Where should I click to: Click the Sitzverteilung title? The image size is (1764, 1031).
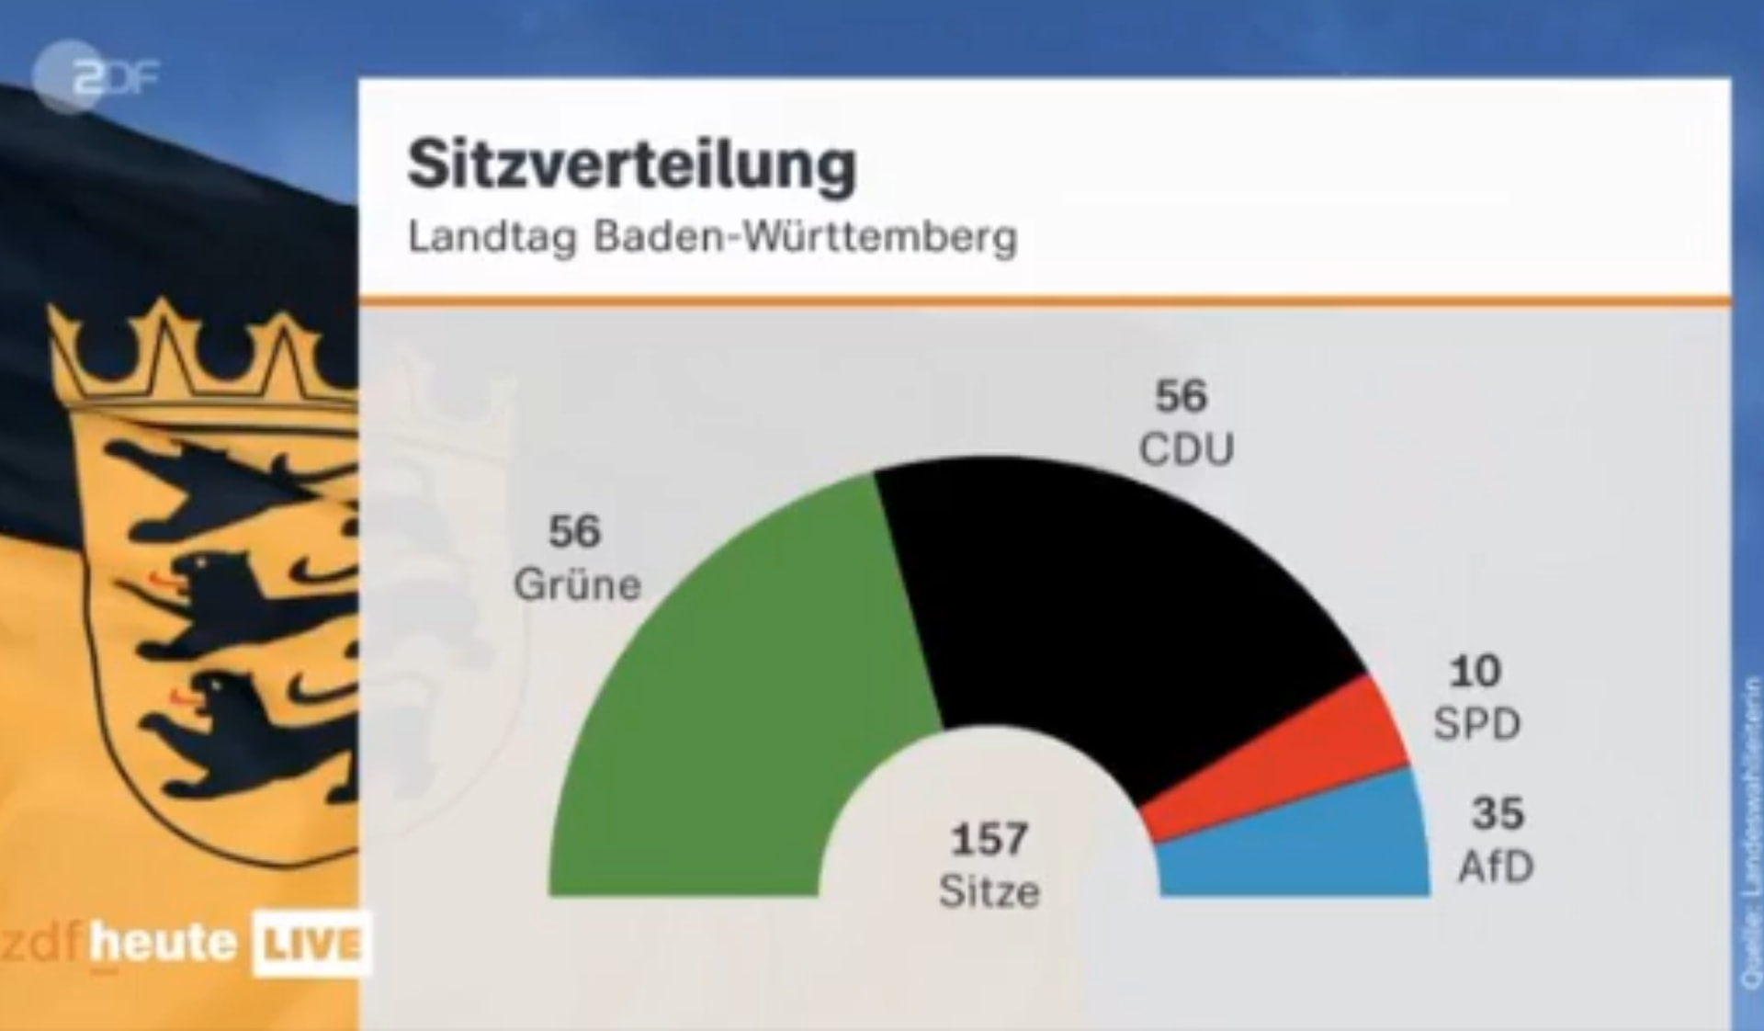pyautogui.click(x=632, y=166)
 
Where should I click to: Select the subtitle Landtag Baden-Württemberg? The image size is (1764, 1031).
pyautogui.click(x=712, y=238)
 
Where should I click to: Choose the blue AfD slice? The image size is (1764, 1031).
pyautogui.click(x=1305, y=850)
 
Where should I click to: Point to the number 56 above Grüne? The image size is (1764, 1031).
pyautogui.click(x=574, y=531)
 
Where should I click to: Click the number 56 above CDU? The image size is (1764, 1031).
pyautogui.click(x=1181, y=397)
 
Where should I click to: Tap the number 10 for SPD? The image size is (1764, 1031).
pyautogui.click(x=1476, y=672)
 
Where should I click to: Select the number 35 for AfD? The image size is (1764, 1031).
pyautogui.click(x=1498, y=813)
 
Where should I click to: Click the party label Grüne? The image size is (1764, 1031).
pyautogui.click(x=577, y=585)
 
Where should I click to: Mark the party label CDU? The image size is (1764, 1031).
pyautogui.click(x=1186, y=450)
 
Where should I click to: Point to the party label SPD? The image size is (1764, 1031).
pyautogui.click(x=1476, y=725)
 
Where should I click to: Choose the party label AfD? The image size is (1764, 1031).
pyautogui.click(x=1496, y=867)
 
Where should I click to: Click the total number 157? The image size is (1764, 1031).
pyautogui.click(x=989, y=839)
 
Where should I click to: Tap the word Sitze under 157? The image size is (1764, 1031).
pyautogui.click(x=989, y=892)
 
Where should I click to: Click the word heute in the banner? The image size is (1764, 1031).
pyautogui.click(x=164, y=943)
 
